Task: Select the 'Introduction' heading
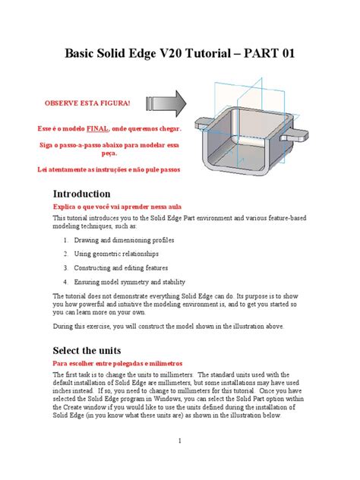pos(81,194)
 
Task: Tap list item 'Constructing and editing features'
pos(126,267)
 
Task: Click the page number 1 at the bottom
pos(180,441)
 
